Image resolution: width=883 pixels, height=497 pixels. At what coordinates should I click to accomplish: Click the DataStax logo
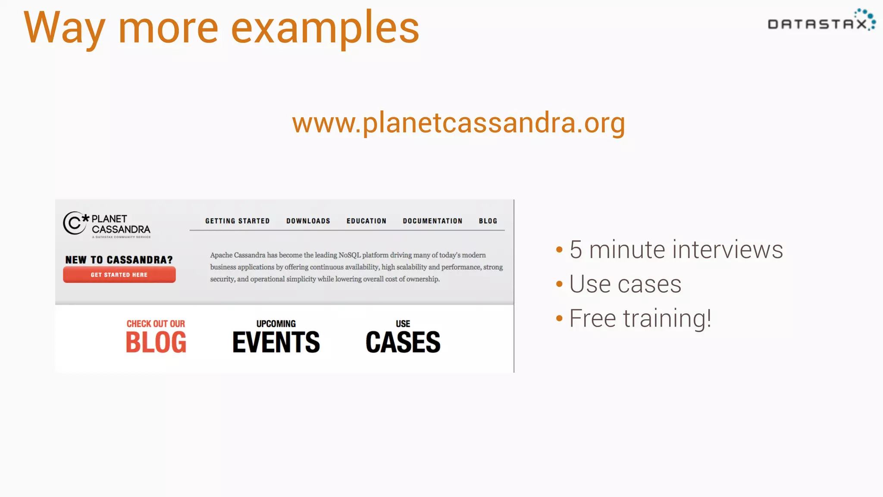click(x=821, y=22)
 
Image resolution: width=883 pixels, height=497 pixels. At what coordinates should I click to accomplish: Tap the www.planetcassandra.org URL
click(x=458, y=123)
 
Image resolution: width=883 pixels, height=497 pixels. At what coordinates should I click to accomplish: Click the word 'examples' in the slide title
click(x=325, y=28)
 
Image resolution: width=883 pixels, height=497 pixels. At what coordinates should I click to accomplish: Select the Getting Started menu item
click(x=237, y=221)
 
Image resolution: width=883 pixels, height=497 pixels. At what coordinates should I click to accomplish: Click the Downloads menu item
click(x=308, y=221)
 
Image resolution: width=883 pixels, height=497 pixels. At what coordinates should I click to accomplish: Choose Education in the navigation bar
click(x=366, y=221)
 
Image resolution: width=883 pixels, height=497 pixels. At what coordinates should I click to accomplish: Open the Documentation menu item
click(x=432, y=221)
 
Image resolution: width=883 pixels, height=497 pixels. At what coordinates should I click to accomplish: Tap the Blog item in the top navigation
click(x=488, y=221)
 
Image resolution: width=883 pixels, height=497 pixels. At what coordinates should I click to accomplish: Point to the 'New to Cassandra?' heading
click(x=119, y=260)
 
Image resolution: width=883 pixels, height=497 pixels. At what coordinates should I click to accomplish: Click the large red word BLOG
click(x=156, y=343)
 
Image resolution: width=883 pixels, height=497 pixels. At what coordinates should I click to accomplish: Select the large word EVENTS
click(x=276, y=343)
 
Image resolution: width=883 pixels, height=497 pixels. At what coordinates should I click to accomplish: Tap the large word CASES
click(x=403, y=343)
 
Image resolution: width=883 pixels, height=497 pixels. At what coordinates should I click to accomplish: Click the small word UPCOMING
click(x=276, y=324)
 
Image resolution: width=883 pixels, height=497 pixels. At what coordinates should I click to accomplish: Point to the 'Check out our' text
click(x=156, y=324)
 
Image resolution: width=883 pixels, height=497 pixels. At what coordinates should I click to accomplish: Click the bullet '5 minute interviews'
click(x=676, y=250)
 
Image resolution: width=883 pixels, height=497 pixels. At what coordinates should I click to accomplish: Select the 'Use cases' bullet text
click(x=625, y=284)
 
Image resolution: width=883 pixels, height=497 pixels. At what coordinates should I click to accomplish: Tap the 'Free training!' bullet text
click(x=640, y=319)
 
